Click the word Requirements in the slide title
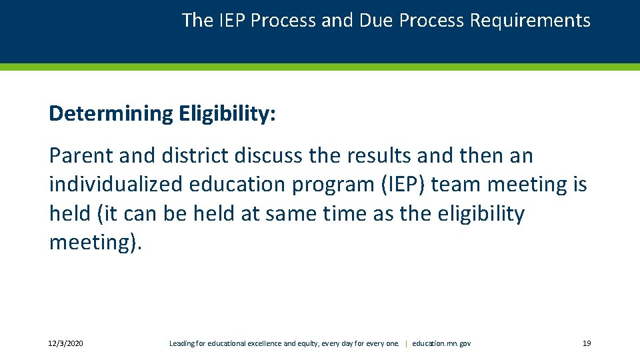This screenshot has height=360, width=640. coord(530,21)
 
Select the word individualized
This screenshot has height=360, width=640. coord(117,185)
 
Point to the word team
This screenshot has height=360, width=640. coord(455,185)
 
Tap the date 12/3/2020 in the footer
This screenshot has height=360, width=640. coord(66,343)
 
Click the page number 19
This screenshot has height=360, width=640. coord(587,343)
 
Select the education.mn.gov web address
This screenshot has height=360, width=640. coord(441,343)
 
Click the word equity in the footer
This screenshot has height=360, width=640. coord(309,343)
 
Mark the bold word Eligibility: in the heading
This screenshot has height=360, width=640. coord(227,114)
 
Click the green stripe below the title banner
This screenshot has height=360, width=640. coord(320,67)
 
